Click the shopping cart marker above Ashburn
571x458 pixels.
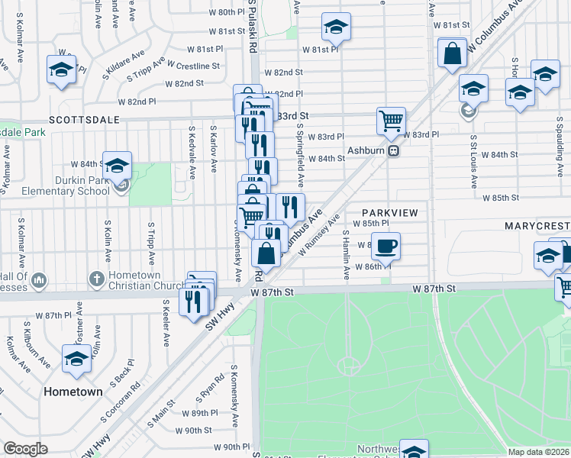[x=391, y=121]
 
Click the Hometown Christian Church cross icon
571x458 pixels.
[x=96, y=279]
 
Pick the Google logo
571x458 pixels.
[x=26, y=448]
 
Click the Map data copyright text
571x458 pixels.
[x=539, y=452]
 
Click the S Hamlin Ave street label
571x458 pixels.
[x=346, y=254]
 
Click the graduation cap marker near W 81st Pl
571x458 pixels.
[x=336, y=27]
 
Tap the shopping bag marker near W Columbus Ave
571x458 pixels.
[x=453, y=53]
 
